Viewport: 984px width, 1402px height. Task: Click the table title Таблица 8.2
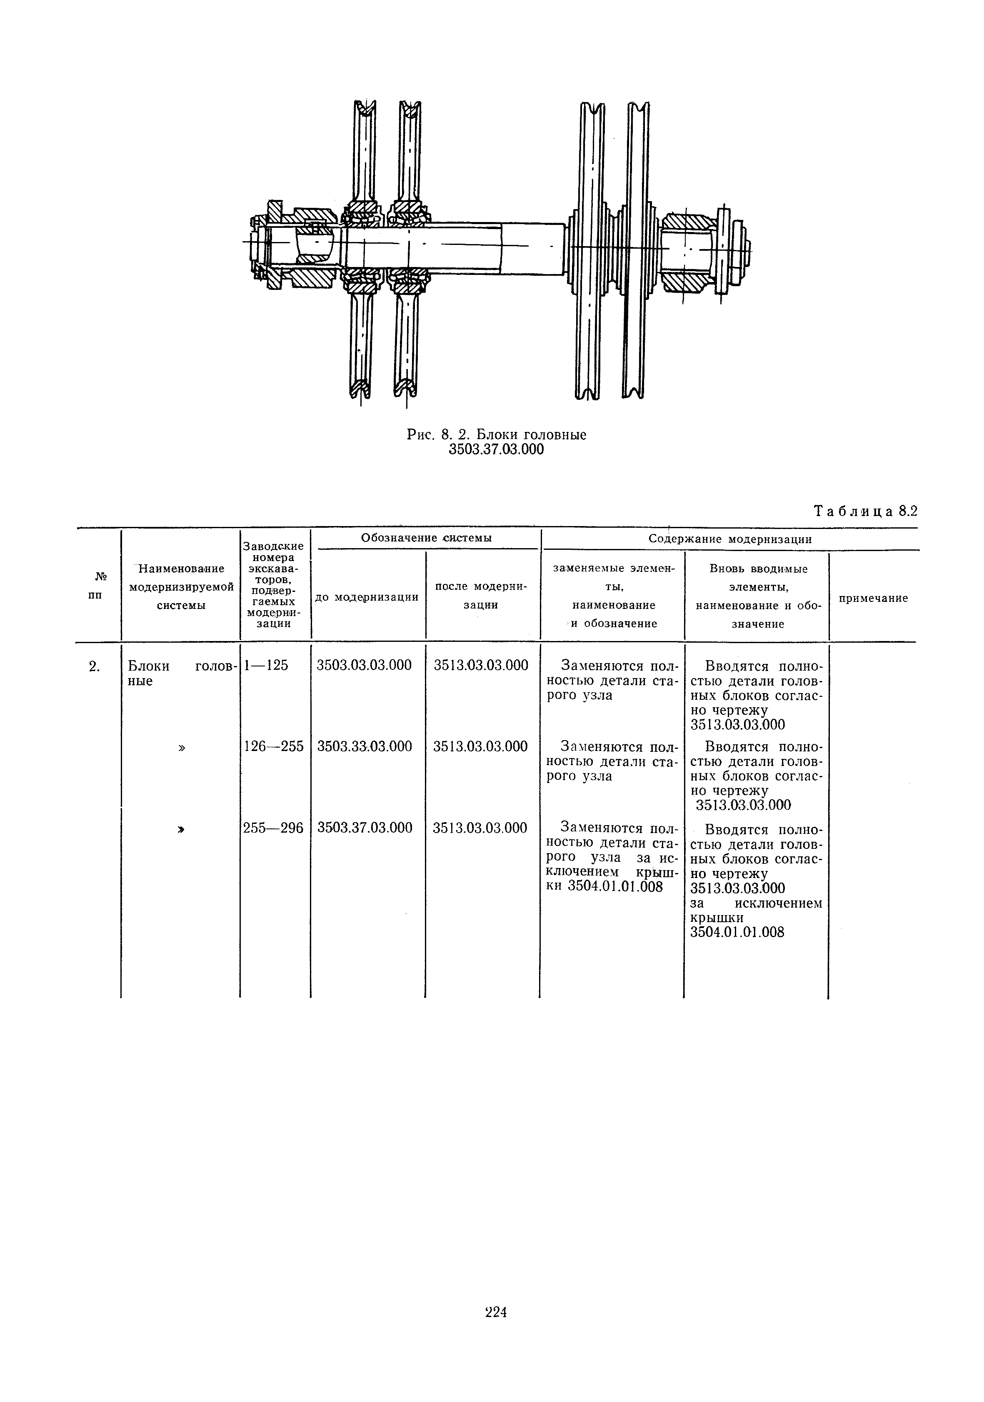point(866,511)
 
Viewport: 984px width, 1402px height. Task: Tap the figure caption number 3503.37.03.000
point(496,450)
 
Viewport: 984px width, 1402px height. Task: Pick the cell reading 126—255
point(274,746)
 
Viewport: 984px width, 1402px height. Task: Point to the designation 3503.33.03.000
point(365,746)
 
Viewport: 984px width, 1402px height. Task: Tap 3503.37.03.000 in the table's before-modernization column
point(365,827)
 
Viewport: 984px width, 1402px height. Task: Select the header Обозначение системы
point(426,538)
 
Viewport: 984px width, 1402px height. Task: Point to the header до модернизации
point(367,596)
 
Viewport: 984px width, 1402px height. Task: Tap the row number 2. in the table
point(93,666)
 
